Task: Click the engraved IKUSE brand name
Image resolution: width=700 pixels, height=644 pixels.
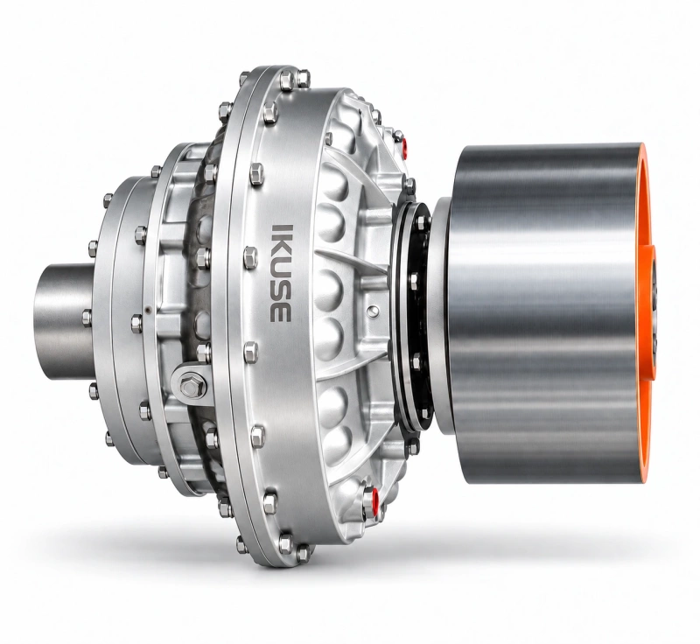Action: click(281, 273)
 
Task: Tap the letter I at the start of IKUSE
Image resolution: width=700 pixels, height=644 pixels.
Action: click(281, 227)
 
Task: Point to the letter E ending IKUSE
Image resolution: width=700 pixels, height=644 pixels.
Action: click(281, 314)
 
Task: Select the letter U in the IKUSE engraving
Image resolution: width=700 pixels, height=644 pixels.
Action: click(281, 271)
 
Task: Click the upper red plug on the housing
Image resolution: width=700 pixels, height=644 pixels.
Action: click(405, 145)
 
